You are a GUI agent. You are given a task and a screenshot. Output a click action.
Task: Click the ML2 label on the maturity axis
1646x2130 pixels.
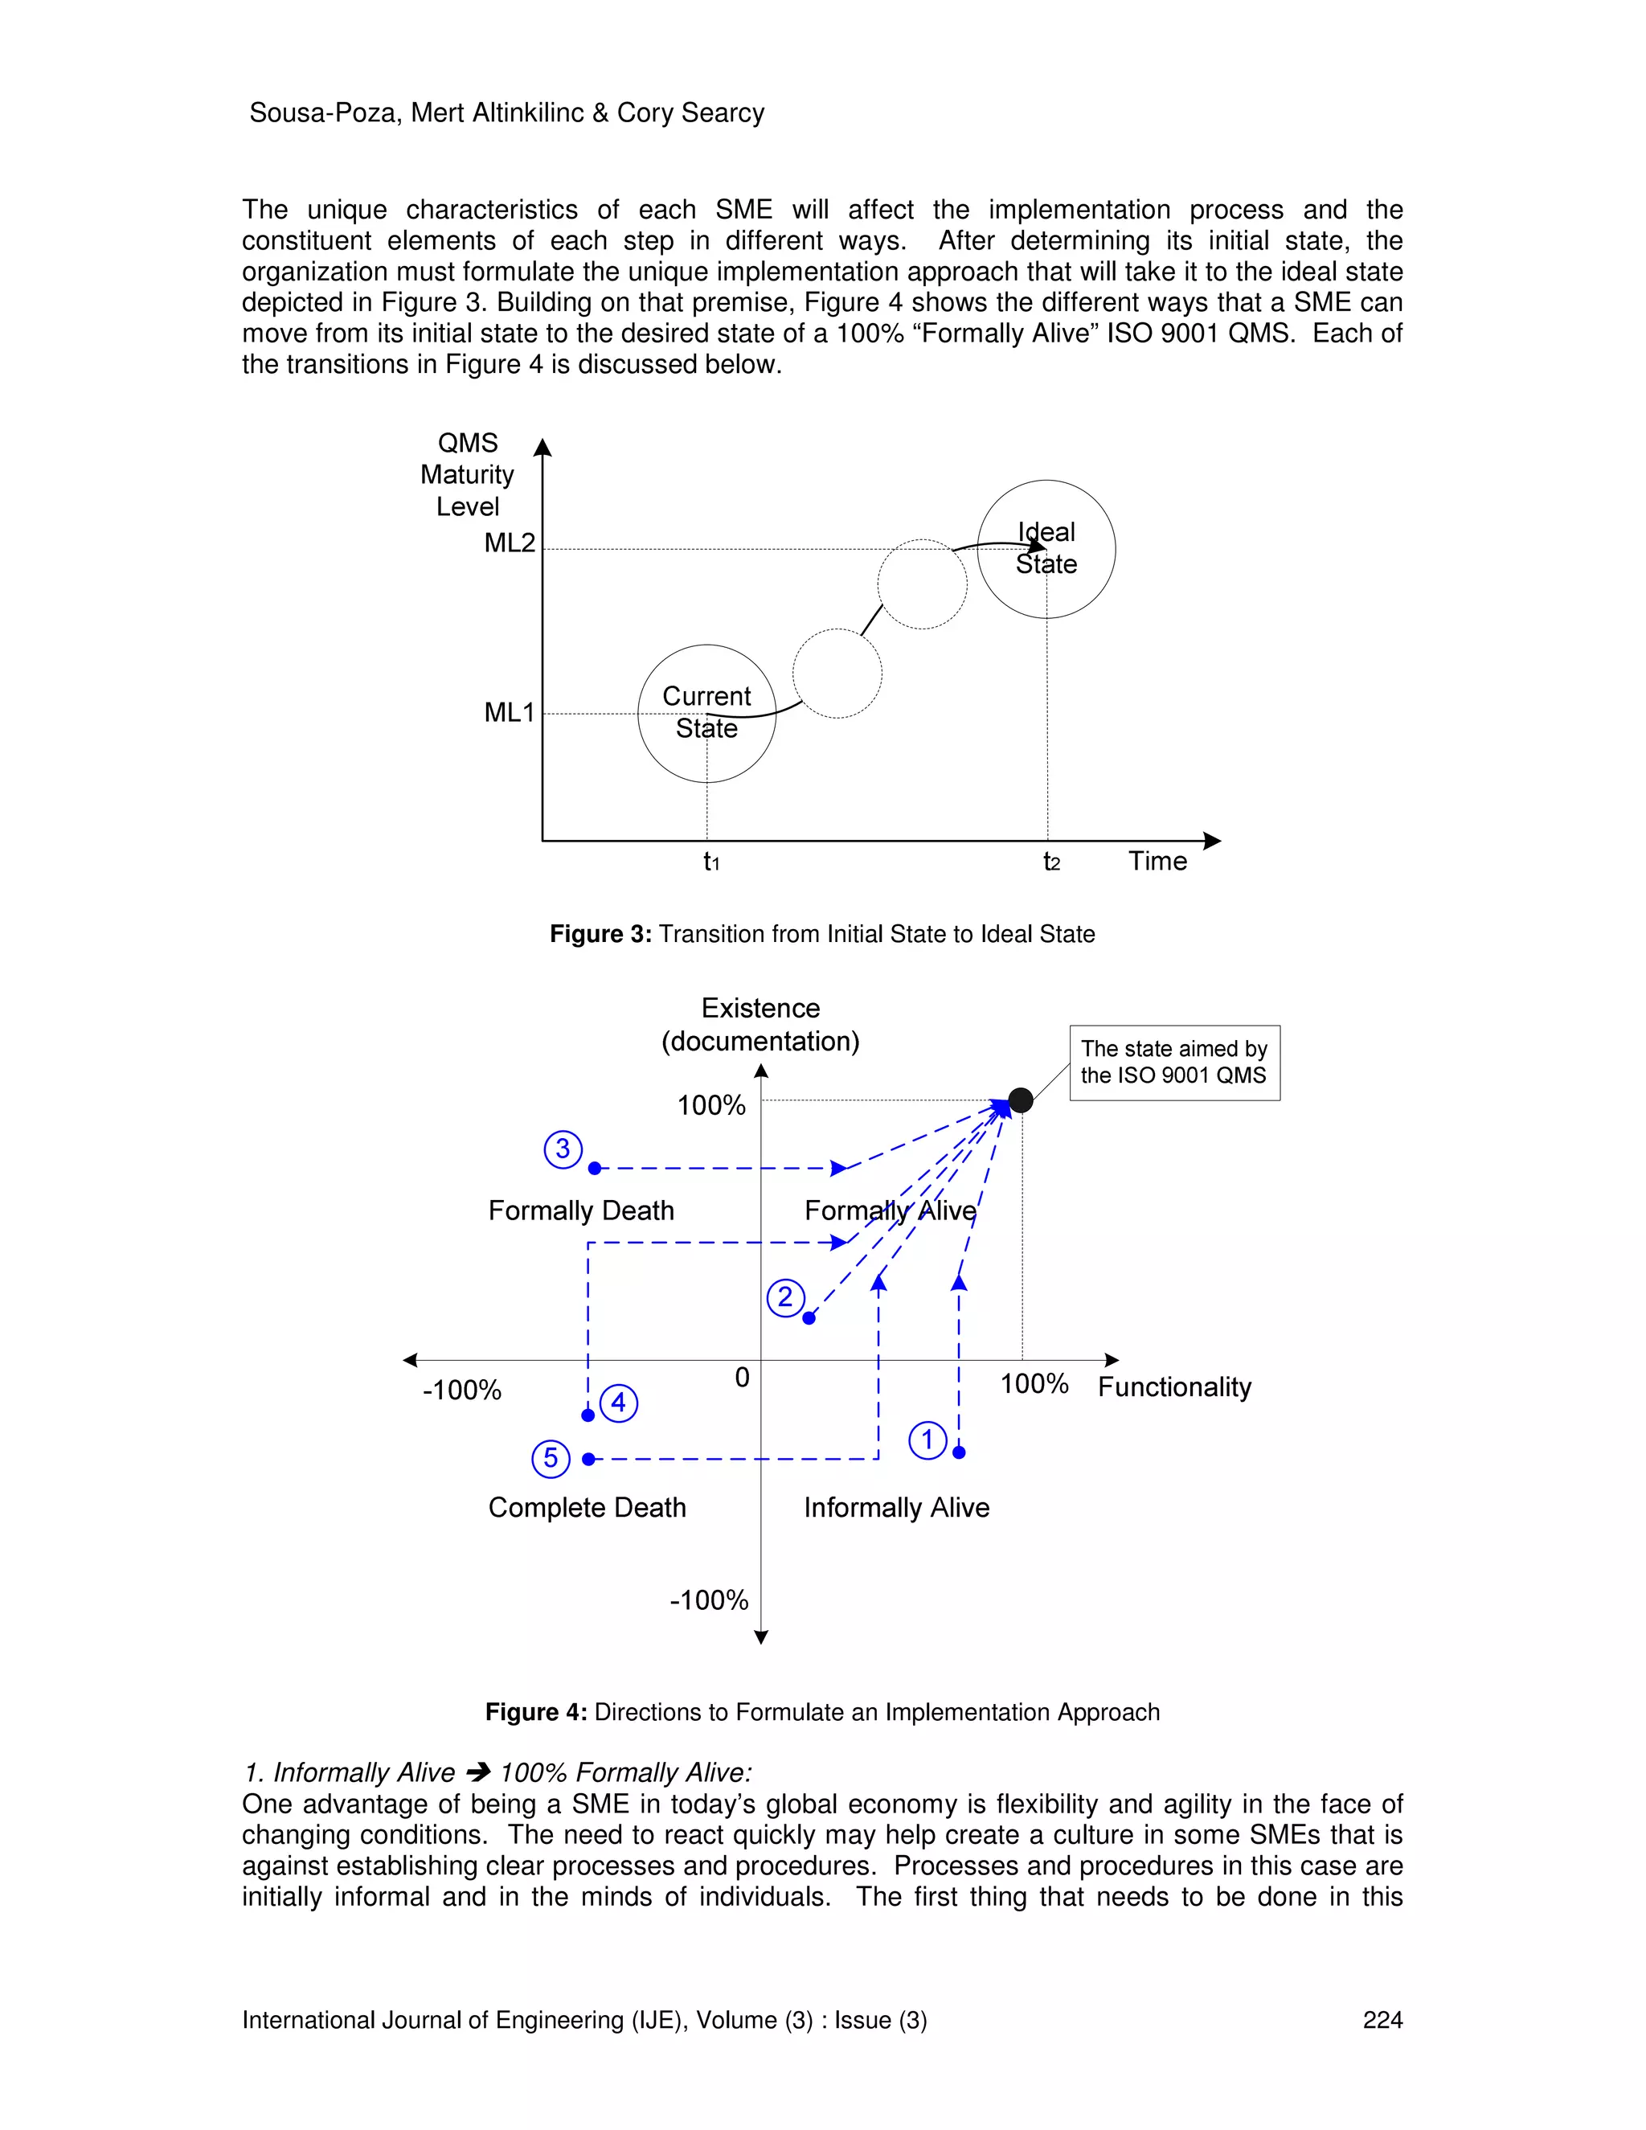pyautogui.click(x=509, y=543)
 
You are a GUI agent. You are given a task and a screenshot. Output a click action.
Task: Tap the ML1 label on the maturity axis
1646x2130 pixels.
pyautogui.click(x=509, y=713)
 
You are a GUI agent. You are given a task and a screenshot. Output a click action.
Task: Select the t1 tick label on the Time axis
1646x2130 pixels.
pyautogui.click(x=710, y=862)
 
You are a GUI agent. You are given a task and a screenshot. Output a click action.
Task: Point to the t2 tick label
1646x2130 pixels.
pyautogui.click(x=1051, y=862)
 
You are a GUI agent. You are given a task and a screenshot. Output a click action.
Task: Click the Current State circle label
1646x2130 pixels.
pyautogui.click(x=706, y=712)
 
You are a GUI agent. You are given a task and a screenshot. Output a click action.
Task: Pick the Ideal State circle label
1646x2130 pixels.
pyautogui.click(x=1046, y=548)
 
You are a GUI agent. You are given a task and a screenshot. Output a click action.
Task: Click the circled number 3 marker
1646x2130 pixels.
pyautogui.click(x=563, y=1149)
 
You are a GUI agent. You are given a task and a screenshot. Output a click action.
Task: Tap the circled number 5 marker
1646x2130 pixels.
pyautogui.click(x=551, y=1458)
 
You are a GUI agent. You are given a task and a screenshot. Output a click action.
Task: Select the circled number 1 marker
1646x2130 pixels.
pyautogui.click(x=927, y=1440)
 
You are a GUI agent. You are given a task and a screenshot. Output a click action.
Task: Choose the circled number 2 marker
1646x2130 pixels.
pyautogui.click(x=785, y=1298)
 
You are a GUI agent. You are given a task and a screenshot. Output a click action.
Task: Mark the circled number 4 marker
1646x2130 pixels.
pyautogui.click(x=618, y=1403)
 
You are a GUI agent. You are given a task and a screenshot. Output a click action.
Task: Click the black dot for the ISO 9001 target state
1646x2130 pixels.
pyautogui.click(x=1021, y=1100)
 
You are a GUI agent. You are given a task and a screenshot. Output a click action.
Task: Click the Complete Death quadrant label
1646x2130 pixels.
pyautogui.click(x=587, y=1508)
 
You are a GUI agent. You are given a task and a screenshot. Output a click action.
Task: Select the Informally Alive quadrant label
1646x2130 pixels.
pyautogui.click(x=896, y=1508)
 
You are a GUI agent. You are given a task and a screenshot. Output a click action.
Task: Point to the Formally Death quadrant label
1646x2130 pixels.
pyautogui.click(x=581, y=1210)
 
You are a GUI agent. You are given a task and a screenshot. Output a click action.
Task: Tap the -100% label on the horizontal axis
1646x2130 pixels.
pyautogui.click(x=461, y=1390)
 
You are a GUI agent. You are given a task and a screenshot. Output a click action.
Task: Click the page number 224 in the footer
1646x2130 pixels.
pyautogui.click(x=1382, y=2020)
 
